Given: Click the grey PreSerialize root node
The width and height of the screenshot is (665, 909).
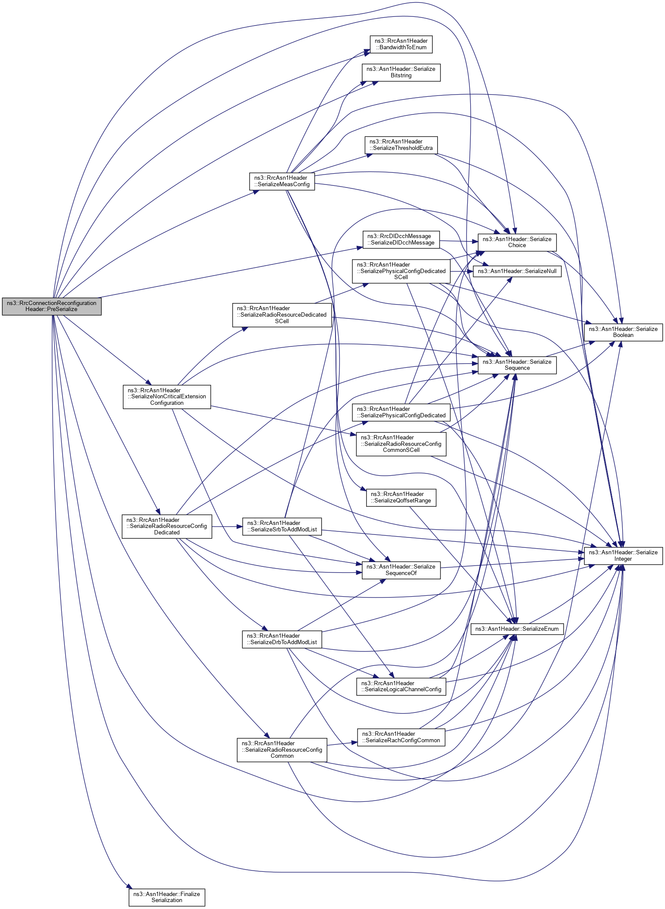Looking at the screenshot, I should [x=51, y=306].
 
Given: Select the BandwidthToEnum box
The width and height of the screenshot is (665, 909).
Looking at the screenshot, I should [x=401, y=44].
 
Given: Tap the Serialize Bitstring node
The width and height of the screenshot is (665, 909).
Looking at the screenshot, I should [x=401, y=72].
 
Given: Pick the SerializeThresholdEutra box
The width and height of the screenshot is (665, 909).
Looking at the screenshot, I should [x=401, y=145].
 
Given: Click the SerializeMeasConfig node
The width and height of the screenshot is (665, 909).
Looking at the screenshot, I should [x=282, y=181].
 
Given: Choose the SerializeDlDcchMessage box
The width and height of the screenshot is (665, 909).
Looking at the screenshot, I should [x=401, y=239].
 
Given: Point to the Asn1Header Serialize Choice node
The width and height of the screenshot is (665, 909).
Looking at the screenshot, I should [x=516, y=242].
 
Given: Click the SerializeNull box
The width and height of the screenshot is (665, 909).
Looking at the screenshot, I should [x=517, y=271].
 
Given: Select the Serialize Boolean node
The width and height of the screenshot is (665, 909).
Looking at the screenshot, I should [x=623, y=332].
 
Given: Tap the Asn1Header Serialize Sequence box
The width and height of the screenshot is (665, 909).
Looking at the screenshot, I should [x=516, y=365].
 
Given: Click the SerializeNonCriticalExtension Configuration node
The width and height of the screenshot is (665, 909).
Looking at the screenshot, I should [x=167, y=397].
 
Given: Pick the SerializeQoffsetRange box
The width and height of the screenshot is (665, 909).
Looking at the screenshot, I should [x=401, y=497].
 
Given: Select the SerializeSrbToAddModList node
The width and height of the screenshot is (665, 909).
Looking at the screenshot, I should [x=282, y=526].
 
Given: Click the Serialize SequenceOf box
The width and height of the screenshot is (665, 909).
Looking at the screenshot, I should [x=401, y=570].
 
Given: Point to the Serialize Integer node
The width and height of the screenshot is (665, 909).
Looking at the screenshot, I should [x=623, y=556].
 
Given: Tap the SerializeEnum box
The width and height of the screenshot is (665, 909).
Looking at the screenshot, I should [x=516, y=629].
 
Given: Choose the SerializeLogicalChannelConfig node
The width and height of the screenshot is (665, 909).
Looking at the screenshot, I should [x=401, y=686].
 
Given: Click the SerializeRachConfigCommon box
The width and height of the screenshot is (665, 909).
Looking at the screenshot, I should [x=401, y=737].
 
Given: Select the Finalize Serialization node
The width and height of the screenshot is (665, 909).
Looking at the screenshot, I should [x=167, y=897].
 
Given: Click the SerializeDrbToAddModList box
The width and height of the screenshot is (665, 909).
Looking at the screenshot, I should [x=282, y=639].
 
